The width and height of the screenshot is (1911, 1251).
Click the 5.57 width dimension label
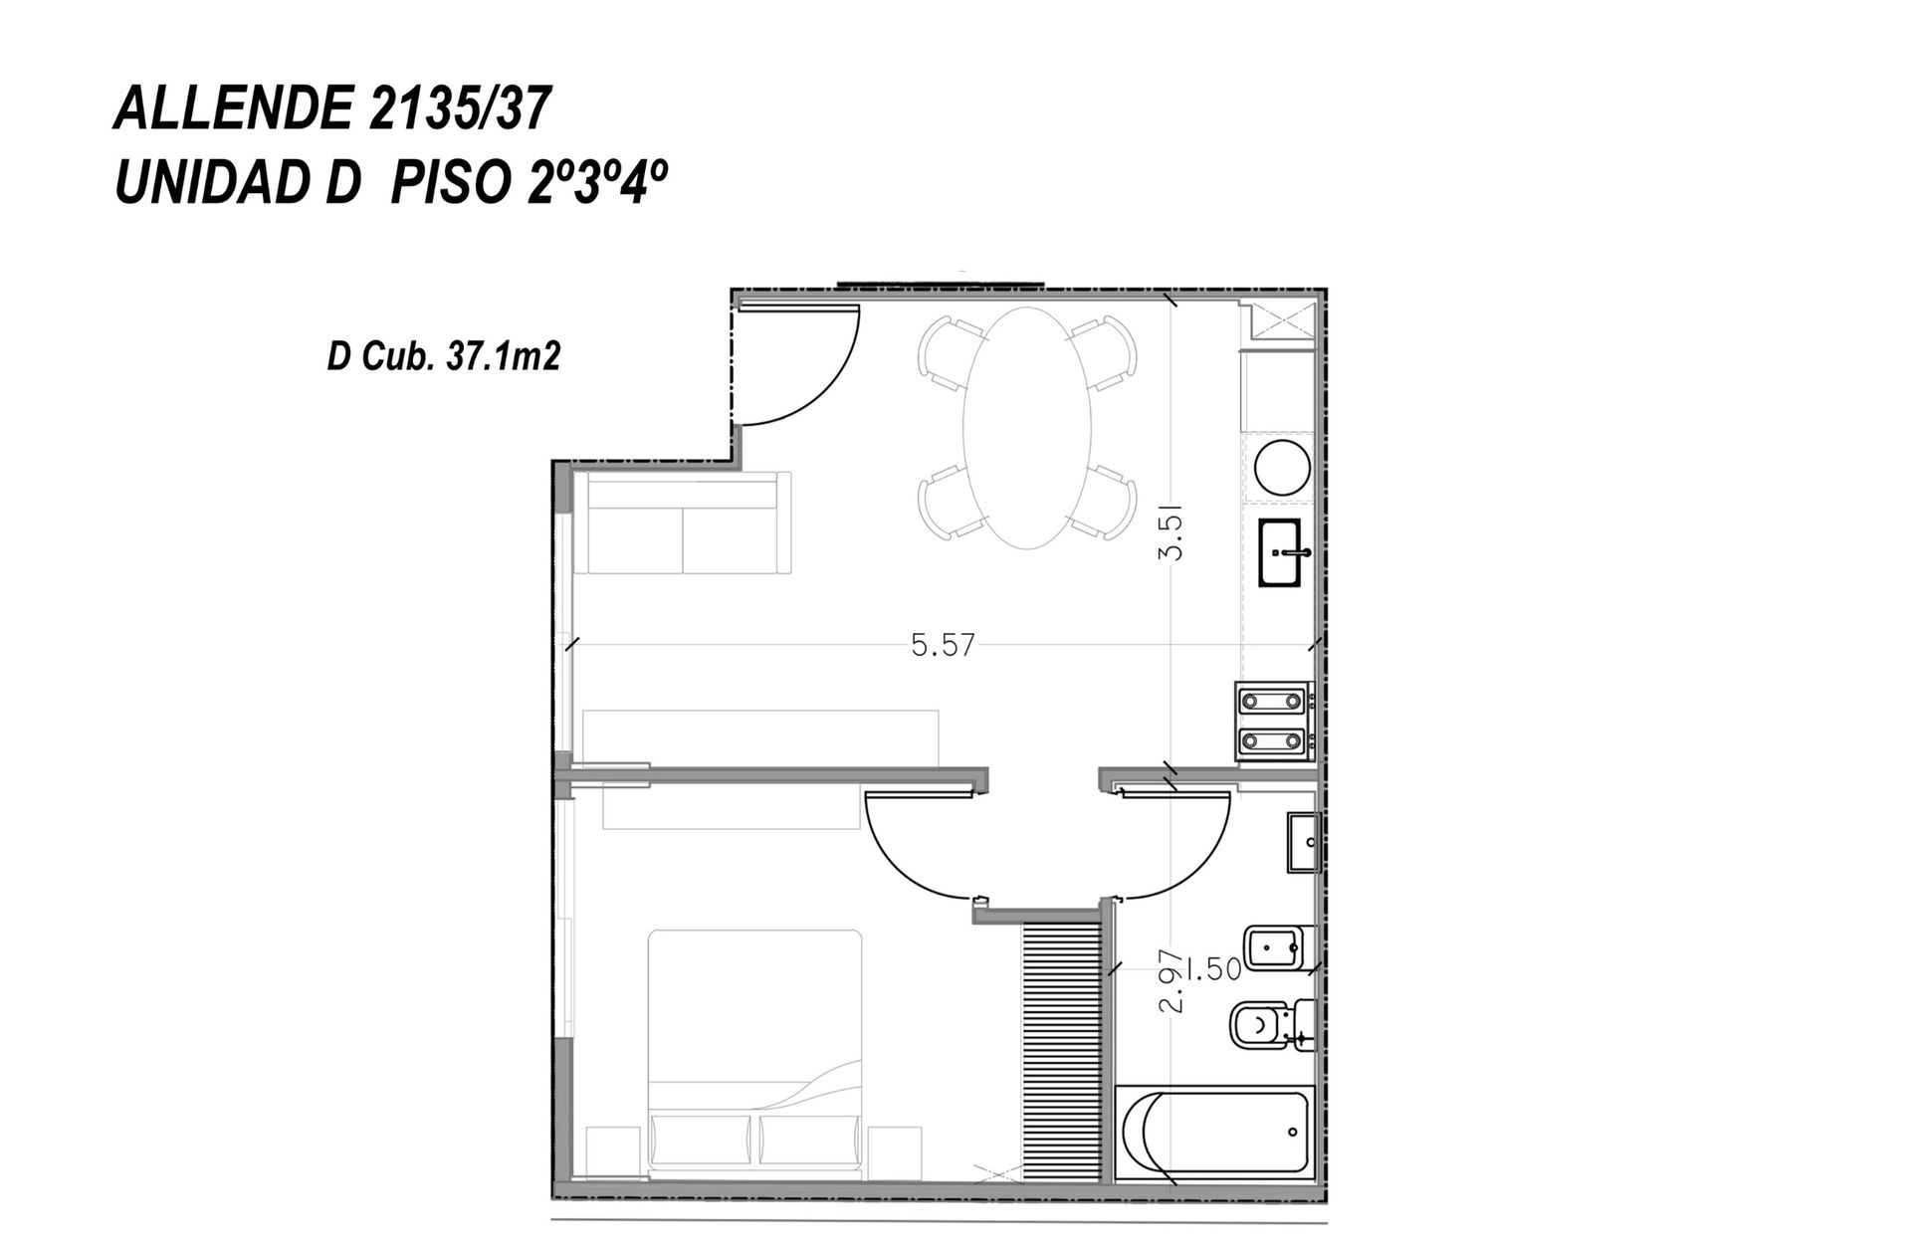[x=943, y=646]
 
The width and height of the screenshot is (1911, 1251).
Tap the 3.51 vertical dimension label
[x=1172, y=534]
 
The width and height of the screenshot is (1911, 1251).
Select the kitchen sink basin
[x=1285, y=552]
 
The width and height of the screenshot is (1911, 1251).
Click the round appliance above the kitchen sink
[x=1281, y=468]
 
